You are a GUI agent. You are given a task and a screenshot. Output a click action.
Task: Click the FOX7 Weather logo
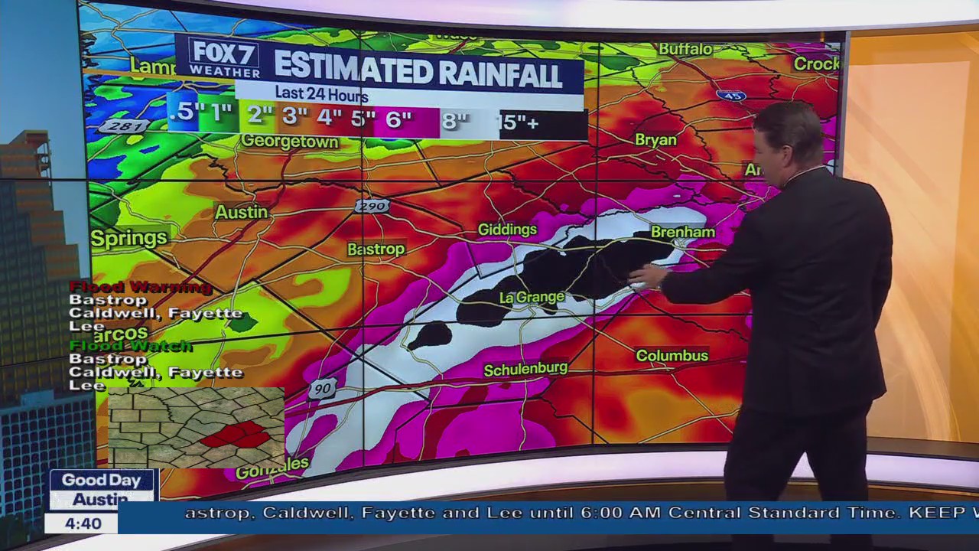(224, 57)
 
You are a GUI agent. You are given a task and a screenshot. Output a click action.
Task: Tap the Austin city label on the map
(241, 212)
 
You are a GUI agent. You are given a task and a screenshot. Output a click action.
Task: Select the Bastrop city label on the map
(376, 249)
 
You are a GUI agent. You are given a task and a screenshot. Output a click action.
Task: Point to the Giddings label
(507, 230)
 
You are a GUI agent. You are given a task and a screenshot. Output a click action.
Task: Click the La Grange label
(532, 297)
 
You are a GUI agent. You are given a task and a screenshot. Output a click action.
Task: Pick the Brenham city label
(682, 232)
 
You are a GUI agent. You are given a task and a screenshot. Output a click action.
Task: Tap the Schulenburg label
(525, 370)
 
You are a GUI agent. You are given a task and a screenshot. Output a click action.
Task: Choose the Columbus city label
(672, 356)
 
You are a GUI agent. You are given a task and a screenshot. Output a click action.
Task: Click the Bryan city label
(655, 140)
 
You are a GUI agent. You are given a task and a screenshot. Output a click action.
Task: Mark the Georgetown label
(289, 142)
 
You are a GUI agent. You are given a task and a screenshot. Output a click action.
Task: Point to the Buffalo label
(685, 49)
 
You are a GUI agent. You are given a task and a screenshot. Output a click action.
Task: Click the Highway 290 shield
(372, 206)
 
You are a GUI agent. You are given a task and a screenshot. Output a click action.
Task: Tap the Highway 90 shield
(323, 389)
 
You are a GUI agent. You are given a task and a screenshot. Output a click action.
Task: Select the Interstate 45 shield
(731, 96)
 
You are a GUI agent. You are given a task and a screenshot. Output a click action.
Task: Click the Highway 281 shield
(123, 126)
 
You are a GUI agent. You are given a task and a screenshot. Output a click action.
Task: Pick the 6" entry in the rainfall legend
(399, 119)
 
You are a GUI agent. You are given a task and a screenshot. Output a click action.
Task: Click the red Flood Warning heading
(140, 287)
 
